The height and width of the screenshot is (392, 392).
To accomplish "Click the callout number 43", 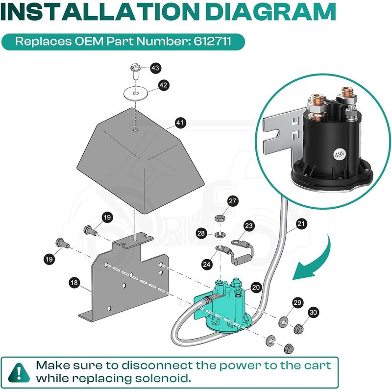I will click(x=155, y=69).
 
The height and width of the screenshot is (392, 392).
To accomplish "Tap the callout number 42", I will click(x=164, y=85).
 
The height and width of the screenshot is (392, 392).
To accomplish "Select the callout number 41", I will click(x=180, y=122).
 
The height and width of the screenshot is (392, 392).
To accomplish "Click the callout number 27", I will click(x=232, y=200).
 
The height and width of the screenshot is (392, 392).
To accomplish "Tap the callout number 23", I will click(x=249, y=226).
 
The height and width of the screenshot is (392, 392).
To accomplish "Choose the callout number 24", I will click(x=207, y=265).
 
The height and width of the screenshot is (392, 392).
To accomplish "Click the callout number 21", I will click(x=301, y=224).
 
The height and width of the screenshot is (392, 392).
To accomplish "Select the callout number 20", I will click(x=255, y=288).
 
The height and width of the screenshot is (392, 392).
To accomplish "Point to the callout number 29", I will click(x=297, y=302).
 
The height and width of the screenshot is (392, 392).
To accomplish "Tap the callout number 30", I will click(x=313, y=312).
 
